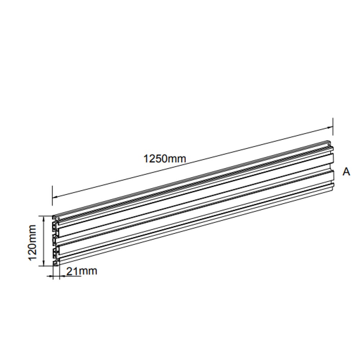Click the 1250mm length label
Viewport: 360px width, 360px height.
coord(165,159)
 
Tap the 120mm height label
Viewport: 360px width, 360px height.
coord(32,243)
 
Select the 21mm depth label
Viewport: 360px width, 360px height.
coord(82,271)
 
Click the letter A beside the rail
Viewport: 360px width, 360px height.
coord(346,172)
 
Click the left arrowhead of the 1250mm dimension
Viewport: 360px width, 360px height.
coord(55,197)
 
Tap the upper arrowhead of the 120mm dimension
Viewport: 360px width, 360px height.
coord(44,219)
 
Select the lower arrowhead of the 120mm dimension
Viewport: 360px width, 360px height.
coord(44,264)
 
